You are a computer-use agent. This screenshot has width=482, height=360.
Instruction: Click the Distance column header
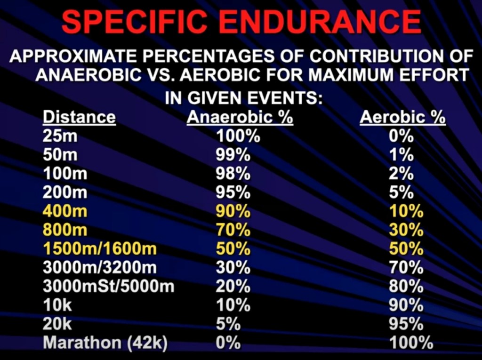pos(79,117)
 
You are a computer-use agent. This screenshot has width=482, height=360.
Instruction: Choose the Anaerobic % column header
pos(240,117)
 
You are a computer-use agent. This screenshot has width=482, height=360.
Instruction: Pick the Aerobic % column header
pos(402,117)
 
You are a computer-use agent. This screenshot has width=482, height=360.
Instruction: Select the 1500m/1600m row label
pos(100,249)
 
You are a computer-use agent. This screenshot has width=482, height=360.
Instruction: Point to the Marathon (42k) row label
pos(105,343)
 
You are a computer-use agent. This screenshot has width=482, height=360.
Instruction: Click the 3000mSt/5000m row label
pos(109,287)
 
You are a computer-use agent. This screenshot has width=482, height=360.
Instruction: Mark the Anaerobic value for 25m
pos(238,136)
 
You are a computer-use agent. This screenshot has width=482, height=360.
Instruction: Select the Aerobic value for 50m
pos(402,155)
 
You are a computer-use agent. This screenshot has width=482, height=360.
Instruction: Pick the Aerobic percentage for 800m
pos(406,231)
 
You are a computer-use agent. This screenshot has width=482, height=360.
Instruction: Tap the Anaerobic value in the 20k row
pos(228,324)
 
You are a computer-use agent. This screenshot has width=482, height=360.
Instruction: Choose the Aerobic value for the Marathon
pos(411,343)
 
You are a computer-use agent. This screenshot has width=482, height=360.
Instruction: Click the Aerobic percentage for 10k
pos(406,305)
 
